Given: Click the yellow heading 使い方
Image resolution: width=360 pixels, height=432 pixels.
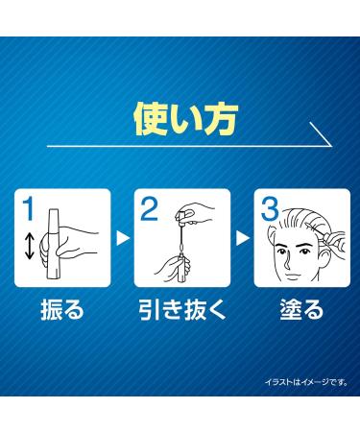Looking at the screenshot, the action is [x=185, y=120].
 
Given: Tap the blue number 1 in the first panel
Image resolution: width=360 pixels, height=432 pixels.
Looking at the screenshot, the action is [x=29, y=208].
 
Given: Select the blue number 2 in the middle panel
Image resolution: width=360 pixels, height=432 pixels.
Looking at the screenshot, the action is [x=149, y=208].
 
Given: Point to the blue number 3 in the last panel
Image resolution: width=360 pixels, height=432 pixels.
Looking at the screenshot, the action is [x=270, y=208].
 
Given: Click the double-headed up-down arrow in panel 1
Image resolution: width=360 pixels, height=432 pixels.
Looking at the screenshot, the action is [x=29, y=246].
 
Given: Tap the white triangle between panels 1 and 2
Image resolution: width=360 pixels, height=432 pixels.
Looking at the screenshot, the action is [x=123, y=238].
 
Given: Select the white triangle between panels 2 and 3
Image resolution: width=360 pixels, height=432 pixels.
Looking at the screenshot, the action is [x=243, y=238].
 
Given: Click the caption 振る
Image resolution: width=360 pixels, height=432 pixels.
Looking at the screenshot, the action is [x=62, y=309].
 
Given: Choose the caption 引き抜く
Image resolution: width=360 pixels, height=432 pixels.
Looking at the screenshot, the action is [x=182, y=309].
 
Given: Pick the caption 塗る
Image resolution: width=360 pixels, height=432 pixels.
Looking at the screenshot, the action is [x=301, y=309].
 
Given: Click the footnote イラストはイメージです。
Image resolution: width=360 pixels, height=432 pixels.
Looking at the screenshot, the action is [x=306, y=382].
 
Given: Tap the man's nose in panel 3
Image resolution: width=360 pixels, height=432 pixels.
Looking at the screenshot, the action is [x=287, y=262].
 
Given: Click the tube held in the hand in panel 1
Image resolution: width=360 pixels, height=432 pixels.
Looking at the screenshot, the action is [x=54, y=244].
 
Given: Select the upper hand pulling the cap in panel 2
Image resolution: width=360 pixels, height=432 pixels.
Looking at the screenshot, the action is [x=196, y=212].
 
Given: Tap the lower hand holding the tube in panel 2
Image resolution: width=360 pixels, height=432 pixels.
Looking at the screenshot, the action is [x=174, y=265].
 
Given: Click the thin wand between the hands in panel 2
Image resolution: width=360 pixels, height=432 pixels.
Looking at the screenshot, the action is [x=181, y=240].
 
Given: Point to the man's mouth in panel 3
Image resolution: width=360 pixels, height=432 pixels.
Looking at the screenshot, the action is [x=292, y=276].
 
